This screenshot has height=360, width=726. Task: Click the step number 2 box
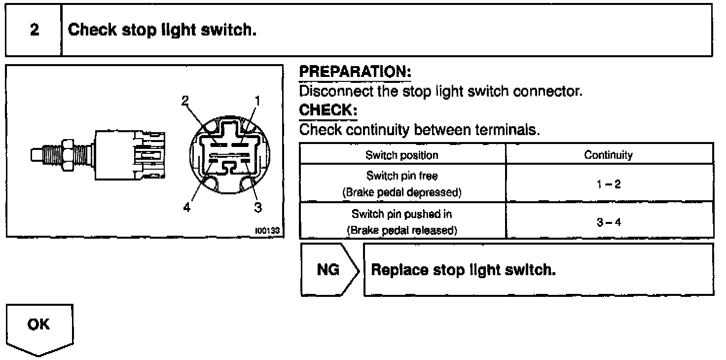34,30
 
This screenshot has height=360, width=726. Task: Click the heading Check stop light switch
162,30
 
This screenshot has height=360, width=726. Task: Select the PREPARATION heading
355,72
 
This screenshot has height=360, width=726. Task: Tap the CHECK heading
328,110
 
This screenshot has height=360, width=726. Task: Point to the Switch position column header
402,155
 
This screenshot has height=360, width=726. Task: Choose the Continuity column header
608,155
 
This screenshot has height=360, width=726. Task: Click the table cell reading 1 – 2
608,184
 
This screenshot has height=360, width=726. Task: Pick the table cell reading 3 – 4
608,222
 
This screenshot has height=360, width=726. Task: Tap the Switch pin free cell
402,183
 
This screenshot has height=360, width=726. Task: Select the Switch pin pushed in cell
402,221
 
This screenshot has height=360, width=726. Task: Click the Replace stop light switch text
463,270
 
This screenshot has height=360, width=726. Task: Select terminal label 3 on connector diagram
258,208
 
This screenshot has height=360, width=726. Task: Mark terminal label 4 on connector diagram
186,208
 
